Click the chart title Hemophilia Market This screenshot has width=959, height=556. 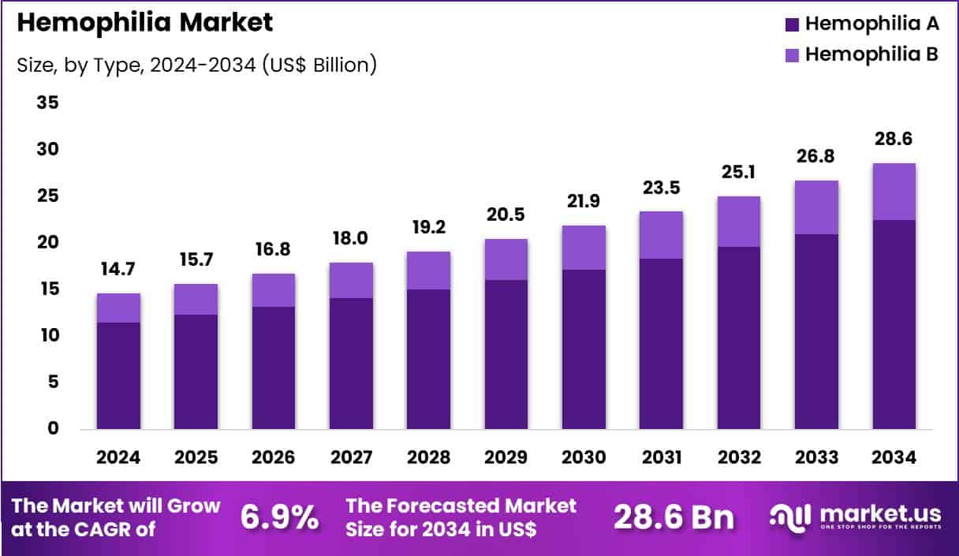pos(144,23)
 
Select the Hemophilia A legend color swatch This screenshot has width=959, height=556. pos(792,24)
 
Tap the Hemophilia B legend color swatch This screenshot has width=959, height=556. pos(792,55)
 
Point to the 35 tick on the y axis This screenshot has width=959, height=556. pos(48,103)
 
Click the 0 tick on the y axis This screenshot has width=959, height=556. pos(53,428)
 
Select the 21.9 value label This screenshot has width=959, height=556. pos(584,202)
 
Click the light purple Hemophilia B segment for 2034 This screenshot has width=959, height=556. pos(894,192)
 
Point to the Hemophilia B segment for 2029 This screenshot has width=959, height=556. pos(506,259)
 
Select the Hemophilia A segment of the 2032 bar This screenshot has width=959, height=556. pos(739,338)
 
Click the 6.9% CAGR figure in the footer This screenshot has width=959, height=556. pos(279,517)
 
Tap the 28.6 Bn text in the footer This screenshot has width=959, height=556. pos(674,517)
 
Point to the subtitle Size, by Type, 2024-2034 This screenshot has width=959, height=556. pos(196,64)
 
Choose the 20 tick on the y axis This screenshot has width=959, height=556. pos(48,242)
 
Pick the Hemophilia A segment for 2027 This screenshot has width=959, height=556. pos(351,364)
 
